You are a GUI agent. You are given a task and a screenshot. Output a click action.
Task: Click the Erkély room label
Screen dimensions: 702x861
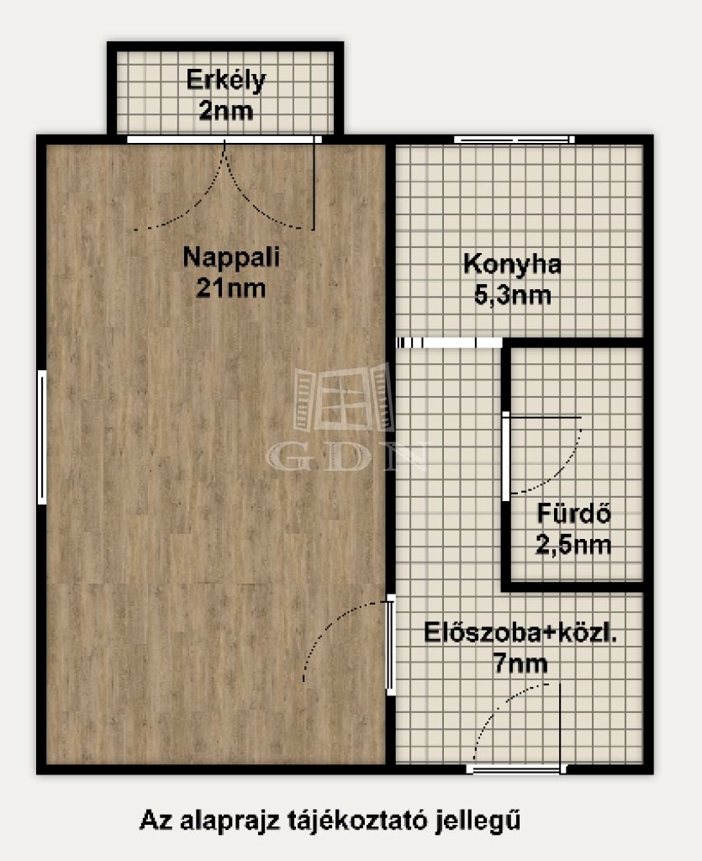tap(225, 80)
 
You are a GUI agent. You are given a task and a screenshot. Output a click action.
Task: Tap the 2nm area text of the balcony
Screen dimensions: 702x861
tap(225, 111)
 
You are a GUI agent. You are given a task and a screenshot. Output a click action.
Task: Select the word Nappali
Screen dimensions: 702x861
tap(231, 257)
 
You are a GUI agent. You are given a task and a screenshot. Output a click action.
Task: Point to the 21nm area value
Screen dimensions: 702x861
tap(230, 288)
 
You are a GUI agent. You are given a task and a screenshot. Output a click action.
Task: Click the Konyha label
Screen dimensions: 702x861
tap(512, 265)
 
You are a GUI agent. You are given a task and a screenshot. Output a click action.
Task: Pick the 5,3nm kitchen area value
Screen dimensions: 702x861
tap(512, 295)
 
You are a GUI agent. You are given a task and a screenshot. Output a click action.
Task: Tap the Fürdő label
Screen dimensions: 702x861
tap(573, 514)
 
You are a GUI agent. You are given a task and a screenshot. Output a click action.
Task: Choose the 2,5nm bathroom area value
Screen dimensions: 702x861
tap(573, 545)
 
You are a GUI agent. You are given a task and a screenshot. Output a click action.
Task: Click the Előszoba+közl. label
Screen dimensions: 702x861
tap(520, 632)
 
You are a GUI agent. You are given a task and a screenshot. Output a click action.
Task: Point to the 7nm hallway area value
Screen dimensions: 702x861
tap(520, 663)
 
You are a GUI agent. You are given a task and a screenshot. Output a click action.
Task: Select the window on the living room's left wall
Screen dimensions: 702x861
tap(42, 437)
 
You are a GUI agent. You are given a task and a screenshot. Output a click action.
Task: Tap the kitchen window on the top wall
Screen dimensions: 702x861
tap(515, 140)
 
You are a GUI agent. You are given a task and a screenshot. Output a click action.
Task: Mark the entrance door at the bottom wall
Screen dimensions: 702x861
tap(516, 769)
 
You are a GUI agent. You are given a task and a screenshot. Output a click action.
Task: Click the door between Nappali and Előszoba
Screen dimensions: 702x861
tap(391, 645)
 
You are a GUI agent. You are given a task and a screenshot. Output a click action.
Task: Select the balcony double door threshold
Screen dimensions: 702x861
tap(224, 140)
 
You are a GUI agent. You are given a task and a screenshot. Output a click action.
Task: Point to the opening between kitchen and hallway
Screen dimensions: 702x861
tap(449, 343)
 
